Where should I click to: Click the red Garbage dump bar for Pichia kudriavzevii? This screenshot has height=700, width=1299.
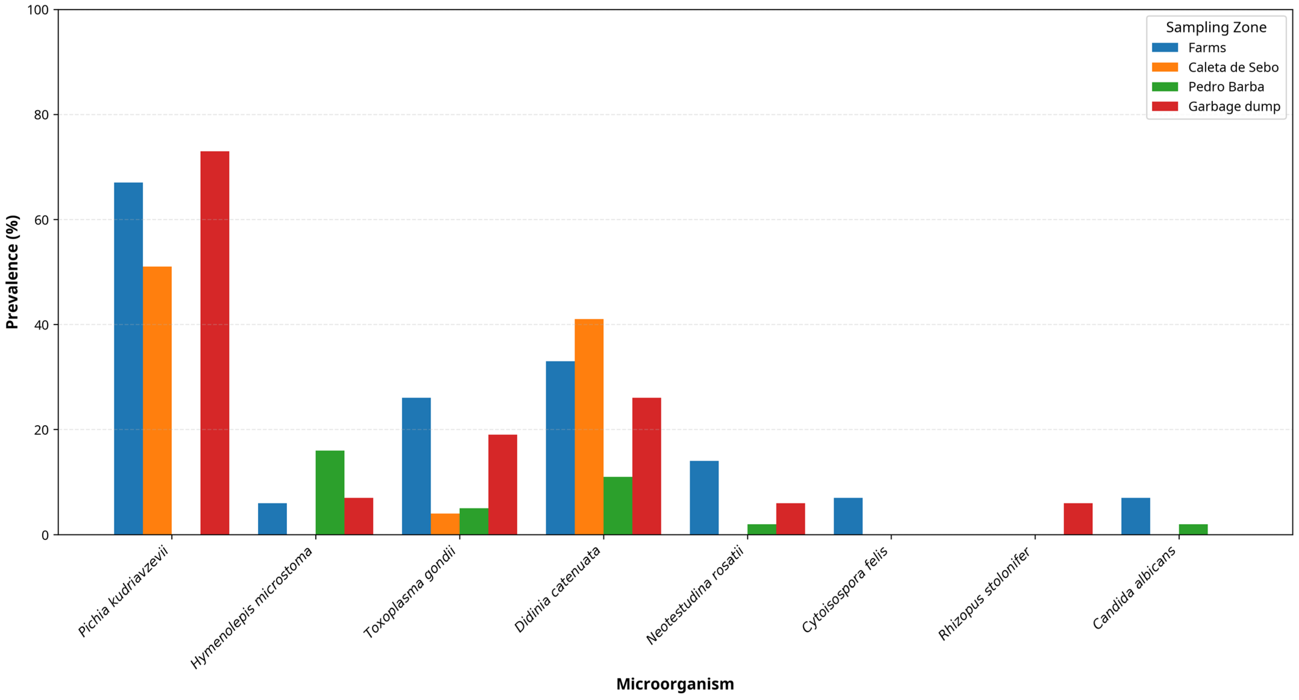[x=215, y=343]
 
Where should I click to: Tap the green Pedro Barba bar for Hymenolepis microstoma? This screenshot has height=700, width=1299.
[x=330, y=492]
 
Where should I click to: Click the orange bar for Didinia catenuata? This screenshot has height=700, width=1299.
[x=589, y=427]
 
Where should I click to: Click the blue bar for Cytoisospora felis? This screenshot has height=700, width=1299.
[x=848, y=516]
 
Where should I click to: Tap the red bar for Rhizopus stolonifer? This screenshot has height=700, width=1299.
[x=1078, y=519]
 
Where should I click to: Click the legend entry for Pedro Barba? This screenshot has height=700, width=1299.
[x=1226, y=87]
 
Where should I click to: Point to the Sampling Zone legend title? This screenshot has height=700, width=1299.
[x=1216, y=27]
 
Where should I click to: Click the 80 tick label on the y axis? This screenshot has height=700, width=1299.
[x=41, y=115]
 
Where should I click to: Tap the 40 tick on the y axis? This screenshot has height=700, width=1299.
[x=41, y=325]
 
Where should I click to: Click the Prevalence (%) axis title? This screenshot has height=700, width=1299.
[x=12, y=272]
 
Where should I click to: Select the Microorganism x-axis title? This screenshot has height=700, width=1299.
[x=675, y=684]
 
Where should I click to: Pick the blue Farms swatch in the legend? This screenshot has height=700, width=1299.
[x=1165, y=47]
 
